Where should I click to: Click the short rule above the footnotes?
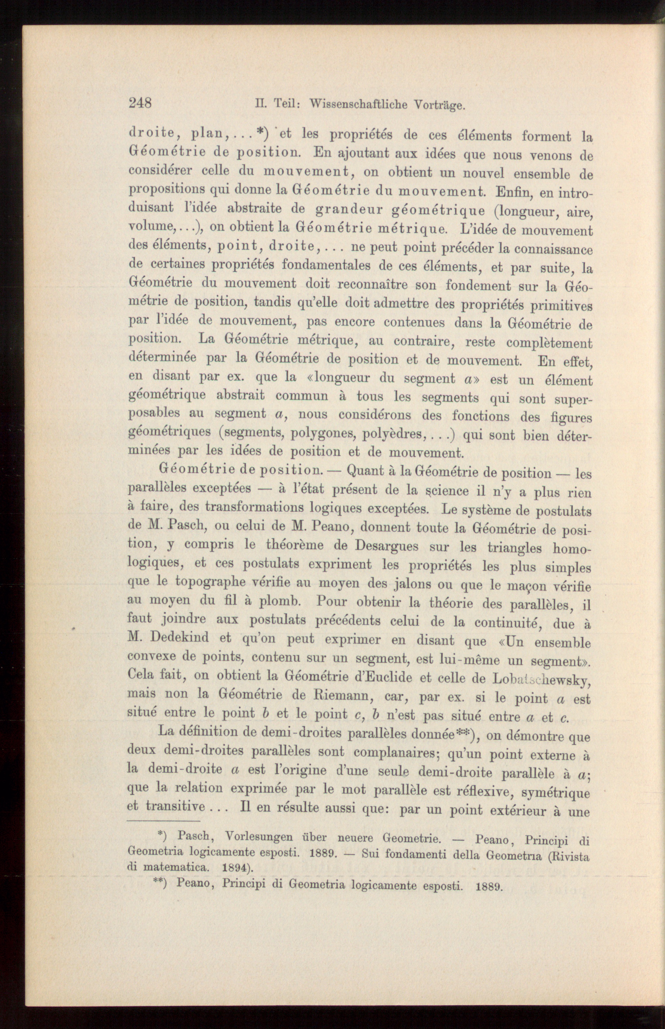164,821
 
